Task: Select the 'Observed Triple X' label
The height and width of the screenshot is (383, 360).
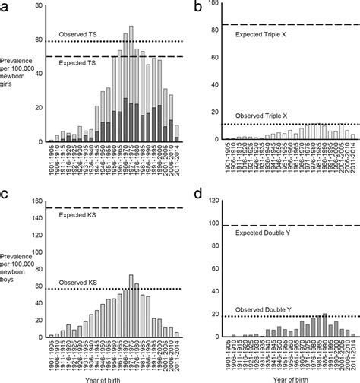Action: coord(261,117)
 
